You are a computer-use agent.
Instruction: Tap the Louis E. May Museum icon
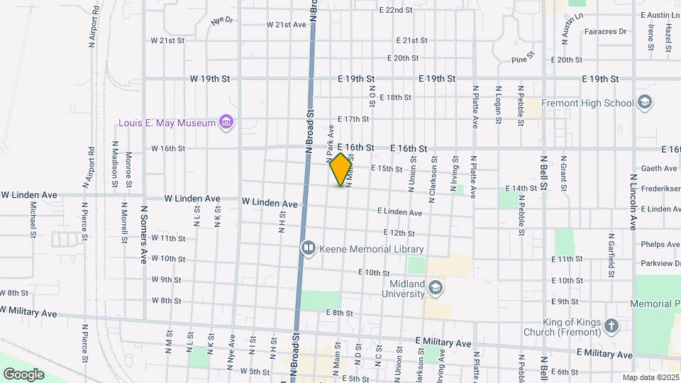coord(227,123)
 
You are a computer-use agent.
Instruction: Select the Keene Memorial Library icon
coord(308,249)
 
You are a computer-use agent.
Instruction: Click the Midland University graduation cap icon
coord(436,288)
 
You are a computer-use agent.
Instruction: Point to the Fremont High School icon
coord(645,103)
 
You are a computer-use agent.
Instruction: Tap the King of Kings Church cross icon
coord(611,326)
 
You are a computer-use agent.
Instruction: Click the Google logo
coord(23,374)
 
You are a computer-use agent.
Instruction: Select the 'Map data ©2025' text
coord(650,377)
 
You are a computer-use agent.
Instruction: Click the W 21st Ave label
coord(286,25)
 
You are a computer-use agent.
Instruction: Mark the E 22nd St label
coord(396,10)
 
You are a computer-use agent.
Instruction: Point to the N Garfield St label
coord(611,255)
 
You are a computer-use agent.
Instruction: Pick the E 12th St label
coord(399,233)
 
